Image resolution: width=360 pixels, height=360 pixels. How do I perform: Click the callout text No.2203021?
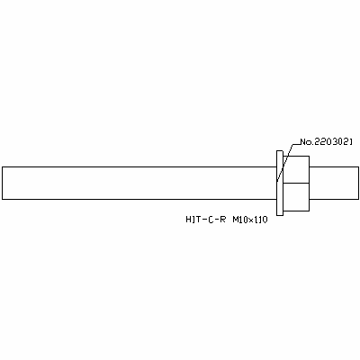[327, 142]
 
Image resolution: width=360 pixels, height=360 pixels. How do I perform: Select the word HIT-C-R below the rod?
[205, 220]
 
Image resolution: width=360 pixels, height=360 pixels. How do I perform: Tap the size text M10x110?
[250, 220]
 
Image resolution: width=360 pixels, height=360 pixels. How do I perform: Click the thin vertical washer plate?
[280, 183]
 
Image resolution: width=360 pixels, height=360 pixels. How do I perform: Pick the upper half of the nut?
[296, 169]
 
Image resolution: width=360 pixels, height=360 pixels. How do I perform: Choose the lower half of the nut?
[296, 197]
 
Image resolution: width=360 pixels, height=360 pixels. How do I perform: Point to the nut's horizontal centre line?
[296, 183]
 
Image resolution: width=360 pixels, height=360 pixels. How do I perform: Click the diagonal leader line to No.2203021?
[284, 163]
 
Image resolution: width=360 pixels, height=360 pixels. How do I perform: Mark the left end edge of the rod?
[2, 183]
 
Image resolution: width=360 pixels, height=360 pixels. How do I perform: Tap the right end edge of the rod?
[358, 183]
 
